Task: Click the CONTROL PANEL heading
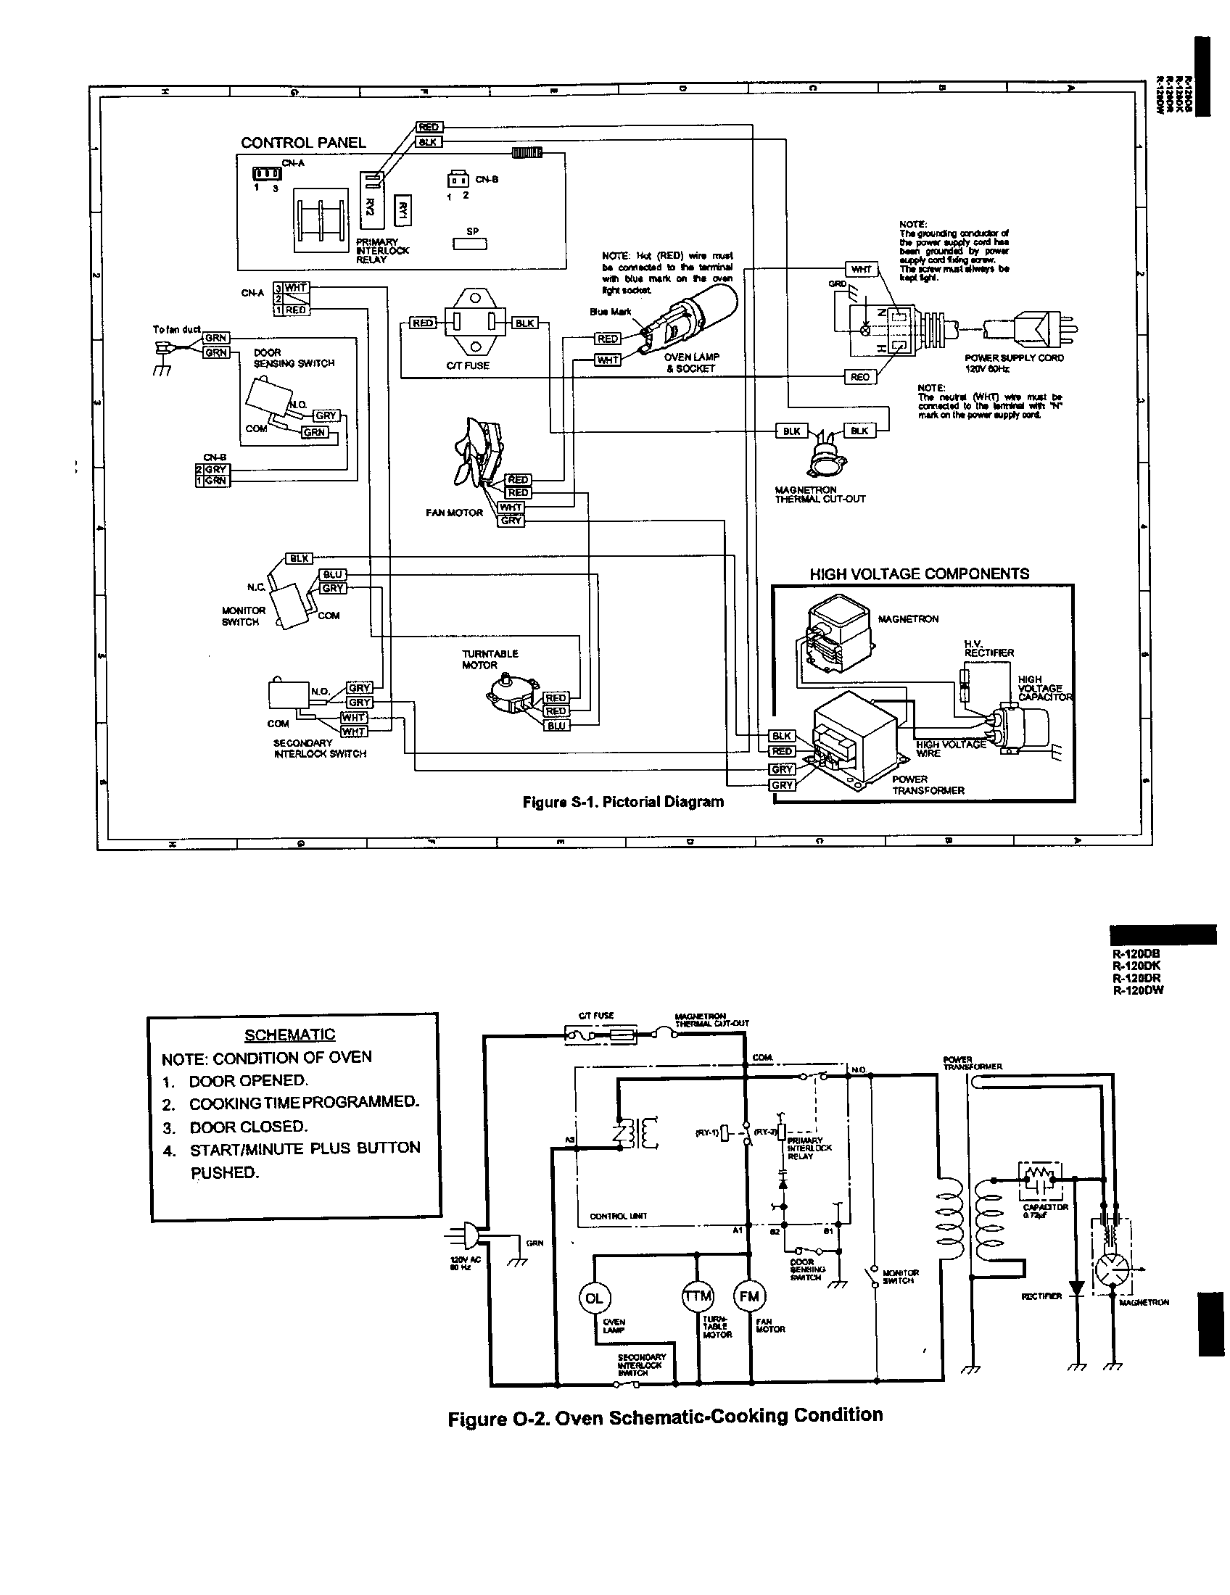tap(303, 142)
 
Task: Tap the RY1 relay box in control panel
tap(403, 211)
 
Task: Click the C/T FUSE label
tap(468, 366)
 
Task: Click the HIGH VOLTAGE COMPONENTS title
tap(919, 574)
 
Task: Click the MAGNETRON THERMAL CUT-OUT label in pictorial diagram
tap(820, 494)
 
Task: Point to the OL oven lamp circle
tap(594, 1298)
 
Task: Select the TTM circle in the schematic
tap(697, 1296)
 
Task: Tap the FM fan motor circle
tap(749, 1296)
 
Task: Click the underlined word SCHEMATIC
tap(289, 1035)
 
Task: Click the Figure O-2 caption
tap(664, 1417)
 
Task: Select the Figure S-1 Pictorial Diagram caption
tap(623, 802)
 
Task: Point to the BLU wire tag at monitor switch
tap(333, 575)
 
